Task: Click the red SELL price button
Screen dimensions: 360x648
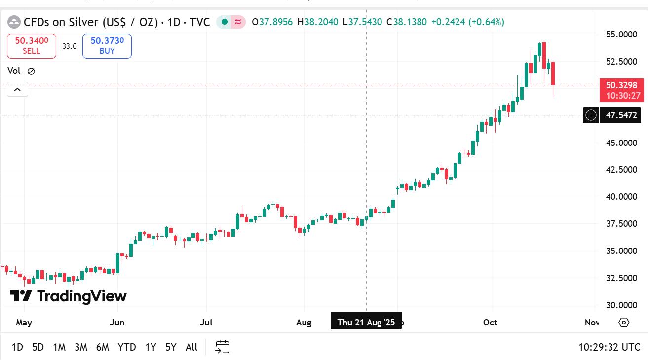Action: [x=32, y=46]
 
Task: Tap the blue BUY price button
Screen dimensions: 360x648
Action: [x=107, y=46]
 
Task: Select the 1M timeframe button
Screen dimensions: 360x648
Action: [x=59, y=347]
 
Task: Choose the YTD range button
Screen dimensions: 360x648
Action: [x=127, y=347]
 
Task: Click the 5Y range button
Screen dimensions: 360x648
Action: [x=171, y=347]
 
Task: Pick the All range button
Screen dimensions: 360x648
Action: [x=191, y=347]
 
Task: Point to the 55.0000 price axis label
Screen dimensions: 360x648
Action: [x=621, y=35]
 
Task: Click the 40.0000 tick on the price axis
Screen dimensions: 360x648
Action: [x=621, y=197]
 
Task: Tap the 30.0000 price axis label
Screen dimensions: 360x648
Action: [x=621, y=305]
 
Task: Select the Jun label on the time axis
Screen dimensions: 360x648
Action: [x=117, y=323]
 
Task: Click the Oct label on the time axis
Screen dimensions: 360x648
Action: [x=490, y=323]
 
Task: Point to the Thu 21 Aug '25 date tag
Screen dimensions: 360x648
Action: [x=366, y=323]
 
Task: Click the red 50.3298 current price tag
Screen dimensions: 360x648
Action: [x=621, y=90]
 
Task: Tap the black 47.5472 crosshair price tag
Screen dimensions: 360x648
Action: [x=621, y=116]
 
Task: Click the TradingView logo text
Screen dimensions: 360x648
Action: [x=69, y=296]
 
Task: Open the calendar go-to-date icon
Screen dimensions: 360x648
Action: [x=222, y=347]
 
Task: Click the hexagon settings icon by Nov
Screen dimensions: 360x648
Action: [x=624, y=323]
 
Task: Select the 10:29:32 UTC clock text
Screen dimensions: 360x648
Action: [x=609, y=347]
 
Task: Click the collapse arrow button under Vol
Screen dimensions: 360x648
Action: [x=17, y=89]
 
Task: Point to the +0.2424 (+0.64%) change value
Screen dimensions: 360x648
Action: [x=467, y=22]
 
